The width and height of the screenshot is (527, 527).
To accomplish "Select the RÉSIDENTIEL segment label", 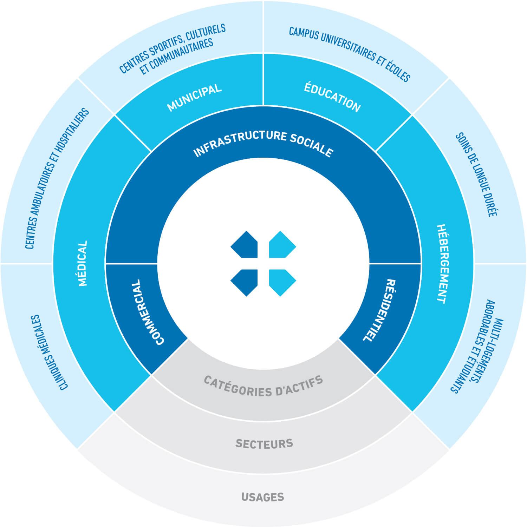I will [379, 310].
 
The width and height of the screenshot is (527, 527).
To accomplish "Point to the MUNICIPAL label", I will [194, 97].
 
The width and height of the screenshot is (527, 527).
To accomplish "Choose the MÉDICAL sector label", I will [82, 263].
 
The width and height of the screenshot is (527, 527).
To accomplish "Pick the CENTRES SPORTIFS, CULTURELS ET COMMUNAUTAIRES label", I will [172, 49].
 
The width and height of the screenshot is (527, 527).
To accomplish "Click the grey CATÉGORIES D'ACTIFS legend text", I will [263, 387].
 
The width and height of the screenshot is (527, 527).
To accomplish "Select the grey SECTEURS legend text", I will [264, 444].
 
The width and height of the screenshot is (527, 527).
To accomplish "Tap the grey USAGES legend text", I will [263, 497].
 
